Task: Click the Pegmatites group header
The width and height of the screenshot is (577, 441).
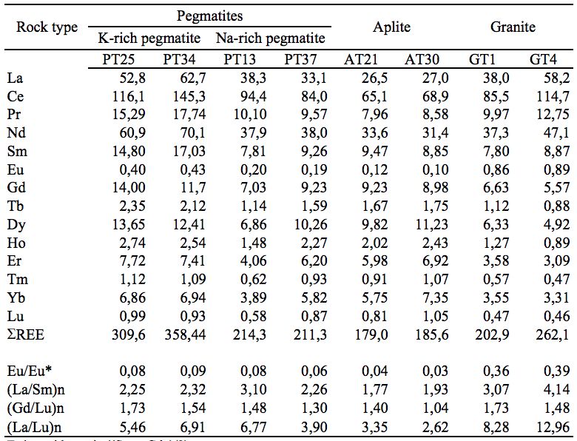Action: pyautogui.click(x=210, y=16)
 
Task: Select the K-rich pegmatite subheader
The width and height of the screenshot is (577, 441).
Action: pyautogui.click(x=145, y=38)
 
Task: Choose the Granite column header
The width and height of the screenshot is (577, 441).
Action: pyautogui.click(x=513, y=27)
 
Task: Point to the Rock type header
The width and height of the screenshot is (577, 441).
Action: pyautogui.click(x=47, y=27)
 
